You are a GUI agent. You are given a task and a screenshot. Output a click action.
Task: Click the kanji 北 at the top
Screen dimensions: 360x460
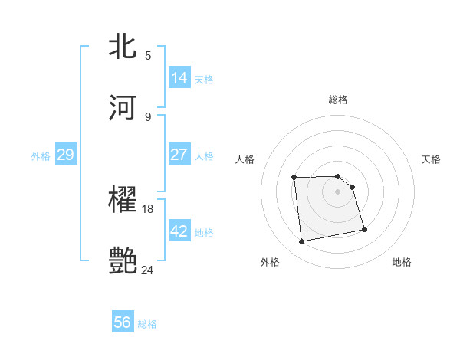point(123,46)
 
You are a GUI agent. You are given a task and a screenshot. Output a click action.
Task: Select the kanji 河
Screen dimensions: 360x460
point(123,106)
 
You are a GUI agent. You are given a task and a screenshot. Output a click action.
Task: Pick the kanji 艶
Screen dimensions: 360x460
point(123,260)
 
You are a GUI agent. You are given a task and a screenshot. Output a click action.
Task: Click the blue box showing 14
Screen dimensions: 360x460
point(179,78)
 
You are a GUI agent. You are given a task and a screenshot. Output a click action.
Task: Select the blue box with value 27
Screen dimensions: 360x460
point(179,155)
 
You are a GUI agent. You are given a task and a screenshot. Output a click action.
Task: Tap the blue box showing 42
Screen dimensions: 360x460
point(179,231)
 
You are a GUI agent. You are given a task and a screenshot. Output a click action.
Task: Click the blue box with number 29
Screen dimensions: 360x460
point(65,155)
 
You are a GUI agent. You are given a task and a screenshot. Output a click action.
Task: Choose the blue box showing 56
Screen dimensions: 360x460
point(123,322)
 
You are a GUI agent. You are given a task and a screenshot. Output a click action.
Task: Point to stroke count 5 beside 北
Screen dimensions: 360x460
point(148,55)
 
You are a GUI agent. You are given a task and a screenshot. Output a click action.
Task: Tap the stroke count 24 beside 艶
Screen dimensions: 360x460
point(148,270)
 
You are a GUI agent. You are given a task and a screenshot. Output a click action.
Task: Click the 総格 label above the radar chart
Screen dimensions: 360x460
point(338,100)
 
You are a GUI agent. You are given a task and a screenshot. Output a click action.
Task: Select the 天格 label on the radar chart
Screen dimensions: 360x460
point(431,159)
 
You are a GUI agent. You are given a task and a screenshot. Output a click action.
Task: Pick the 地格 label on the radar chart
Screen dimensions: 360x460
point(402,262)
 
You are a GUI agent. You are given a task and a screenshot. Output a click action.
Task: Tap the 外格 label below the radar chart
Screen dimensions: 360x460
point(270,262)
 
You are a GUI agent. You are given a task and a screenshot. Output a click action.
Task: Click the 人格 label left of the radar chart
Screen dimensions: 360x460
point(245,159)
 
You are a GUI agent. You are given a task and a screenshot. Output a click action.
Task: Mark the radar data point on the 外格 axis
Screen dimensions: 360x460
point(302,242)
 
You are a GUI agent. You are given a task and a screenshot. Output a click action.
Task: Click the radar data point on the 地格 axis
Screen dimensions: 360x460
point(364,229)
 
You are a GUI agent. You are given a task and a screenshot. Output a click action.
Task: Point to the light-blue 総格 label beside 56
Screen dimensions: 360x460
point(147,324)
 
